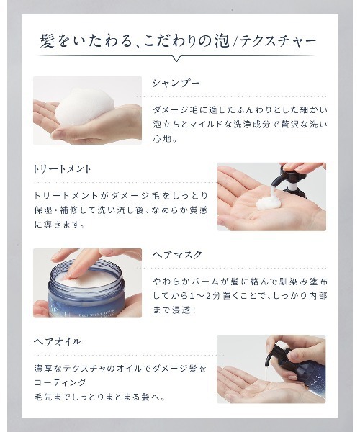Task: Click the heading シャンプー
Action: click(x=174, y=84)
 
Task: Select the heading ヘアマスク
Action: click(x=177, y=255)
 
